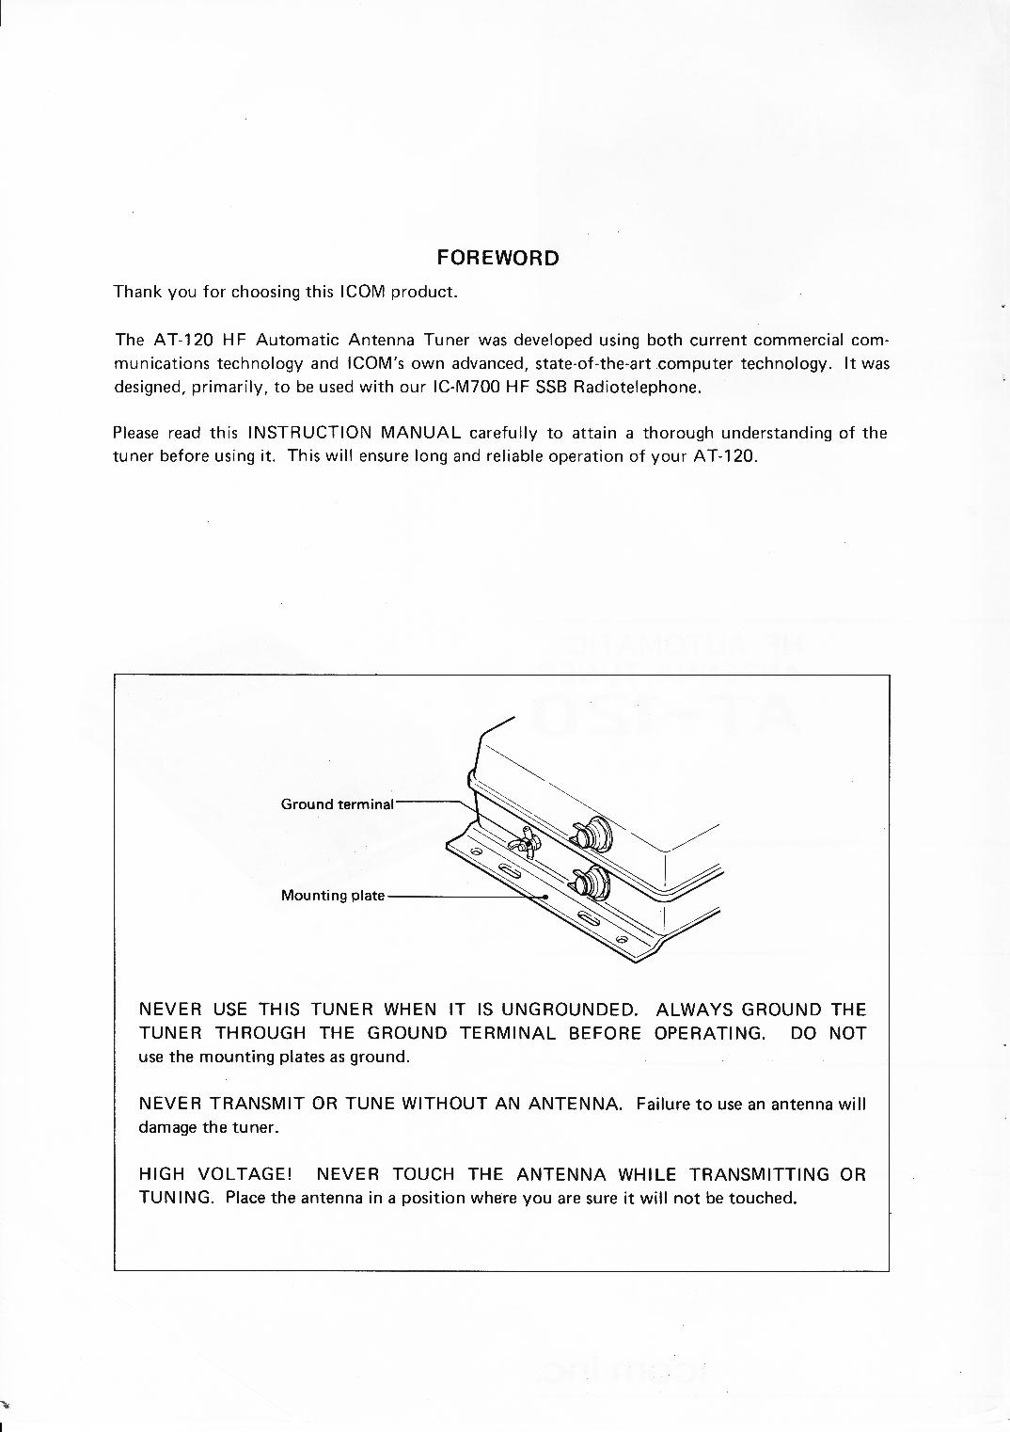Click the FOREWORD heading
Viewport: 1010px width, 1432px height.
[497, 258]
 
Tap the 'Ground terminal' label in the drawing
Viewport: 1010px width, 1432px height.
[337, 804]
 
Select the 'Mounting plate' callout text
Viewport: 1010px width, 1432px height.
[333, 896]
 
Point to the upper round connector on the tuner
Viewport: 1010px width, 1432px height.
[592, 833]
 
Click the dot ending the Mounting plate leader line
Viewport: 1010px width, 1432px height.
[546, 897]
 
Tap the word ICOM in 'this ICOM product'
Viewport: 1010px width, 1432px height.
[361, 292]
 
